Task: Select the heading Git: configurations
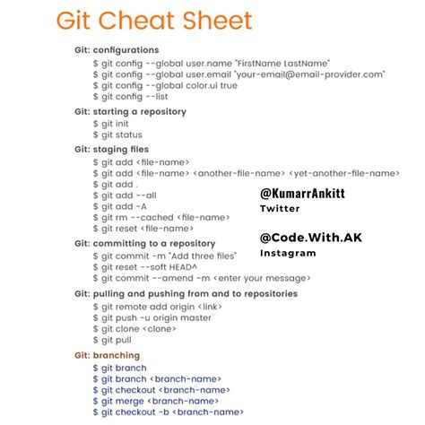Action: [x=117, y=50]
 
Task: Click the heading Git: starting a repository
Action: [x=131, y=112]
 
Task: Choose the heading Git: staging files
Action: [x=112, y=150]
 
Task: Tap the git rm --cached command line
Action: [x=160, y=218]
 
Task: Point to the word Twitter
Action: [x=280, y=208]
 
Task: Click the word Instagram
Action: [x=288, y=253]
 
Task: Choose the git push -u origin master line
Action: [x=152, y=317]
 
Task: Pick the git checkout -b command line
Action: [x=167, y=412]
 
